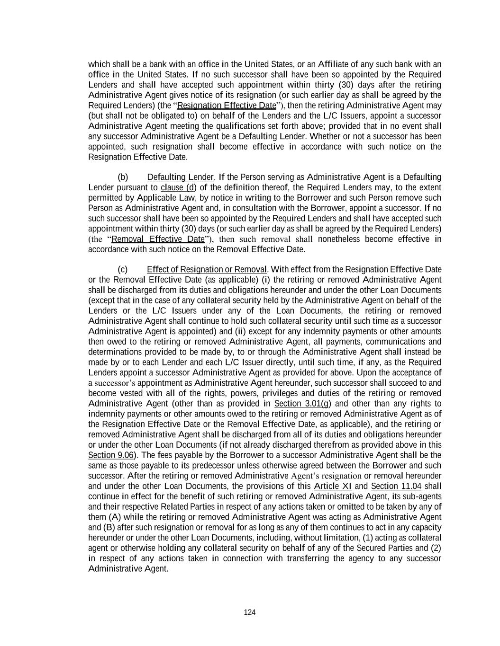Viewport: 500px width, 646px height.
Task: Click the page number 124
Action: [x=250, y=612]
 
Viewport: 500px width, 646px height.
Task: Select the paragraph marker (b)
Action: [x=123, y=177]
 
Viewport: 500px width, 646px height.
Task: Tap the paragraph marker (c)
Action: [x=123, y=269]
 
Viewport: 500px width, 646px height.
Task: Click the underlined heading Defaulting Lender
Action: [x=180, y=177]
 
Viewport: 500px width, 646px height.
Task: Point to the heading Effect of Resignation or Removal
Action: [x=207, y=269]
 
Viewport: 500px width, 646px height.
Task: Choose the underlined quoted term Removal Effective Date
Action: [x=158, y=239]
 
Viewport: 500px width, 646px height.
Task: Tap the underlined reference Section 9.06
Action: [x=110, y=455]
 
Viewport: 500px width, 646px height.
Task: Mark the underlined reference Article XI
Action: [x=333, y=486]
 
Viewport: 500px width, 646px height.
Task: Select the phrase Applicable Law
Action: [x=160, y=198]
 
